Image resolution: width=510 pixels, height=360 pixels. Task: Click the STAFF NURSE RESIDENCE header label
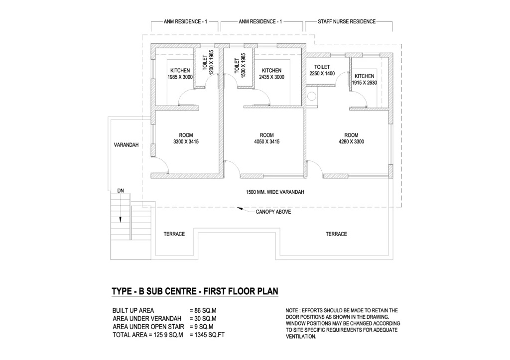pos(348,22)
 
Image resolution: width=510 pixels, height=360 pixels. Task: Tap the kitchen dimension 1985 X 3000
pos(180,78)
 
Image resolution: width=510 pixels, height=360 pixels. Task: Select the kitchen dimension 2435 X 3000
pos(272,78)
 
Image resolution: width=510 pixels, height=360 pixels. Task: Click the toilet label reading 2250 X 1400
pos(322,73)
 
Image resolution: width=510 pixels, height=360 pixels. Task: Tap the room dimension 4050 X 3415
pos(266,142)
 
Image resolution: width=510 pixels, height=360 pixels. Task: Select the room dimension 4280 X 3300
pos(351,142)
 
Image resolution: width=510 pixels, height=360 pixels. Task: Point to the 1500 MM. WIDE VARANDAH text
pos(275,192)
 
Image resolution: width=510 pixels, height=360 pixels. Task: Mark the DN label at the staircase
pos(121,190)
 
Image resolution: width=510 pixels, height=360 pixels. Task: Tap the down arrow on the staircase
pos(120,219)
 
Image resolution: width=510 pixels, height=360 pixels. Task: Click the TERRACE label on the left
pos(174,234)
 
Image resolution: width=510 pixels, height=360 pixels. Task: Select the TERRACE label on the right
pos(336,234)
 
